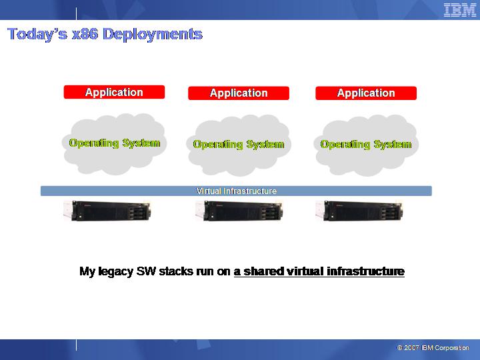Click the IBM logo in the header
click(x=460, y=10)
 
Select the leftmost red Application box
click(x=114, y=92)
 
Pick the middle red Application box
click(x=239, y=93)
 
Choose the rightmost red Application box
click(x=366, y=93)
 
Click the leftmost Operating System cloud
click(x=114, y=144)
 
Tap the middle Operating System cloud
click(x=239, y=145)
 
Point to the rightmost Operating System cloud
click(x=366, y=145)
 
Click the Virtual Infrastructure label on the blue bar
click(x=236, y=191)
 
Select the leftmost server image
click(x=107, y=211)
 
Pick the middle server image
click(x=239, y=211)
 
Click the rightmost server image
click(x=359, y=211)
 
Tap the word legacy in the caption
click(x=116, y=272)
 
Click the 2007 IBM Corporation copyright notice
click(x=433, y=348)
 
